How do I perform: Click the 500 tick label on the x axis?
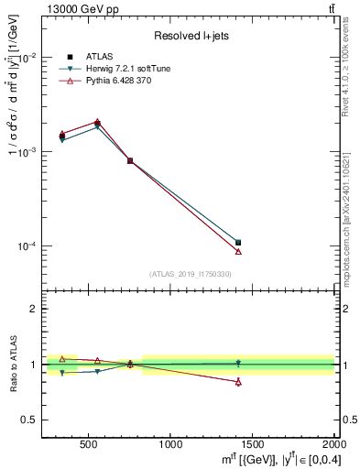[x=89, y=444]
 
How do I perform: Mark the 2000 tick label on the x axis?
[x=330, y=444]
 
